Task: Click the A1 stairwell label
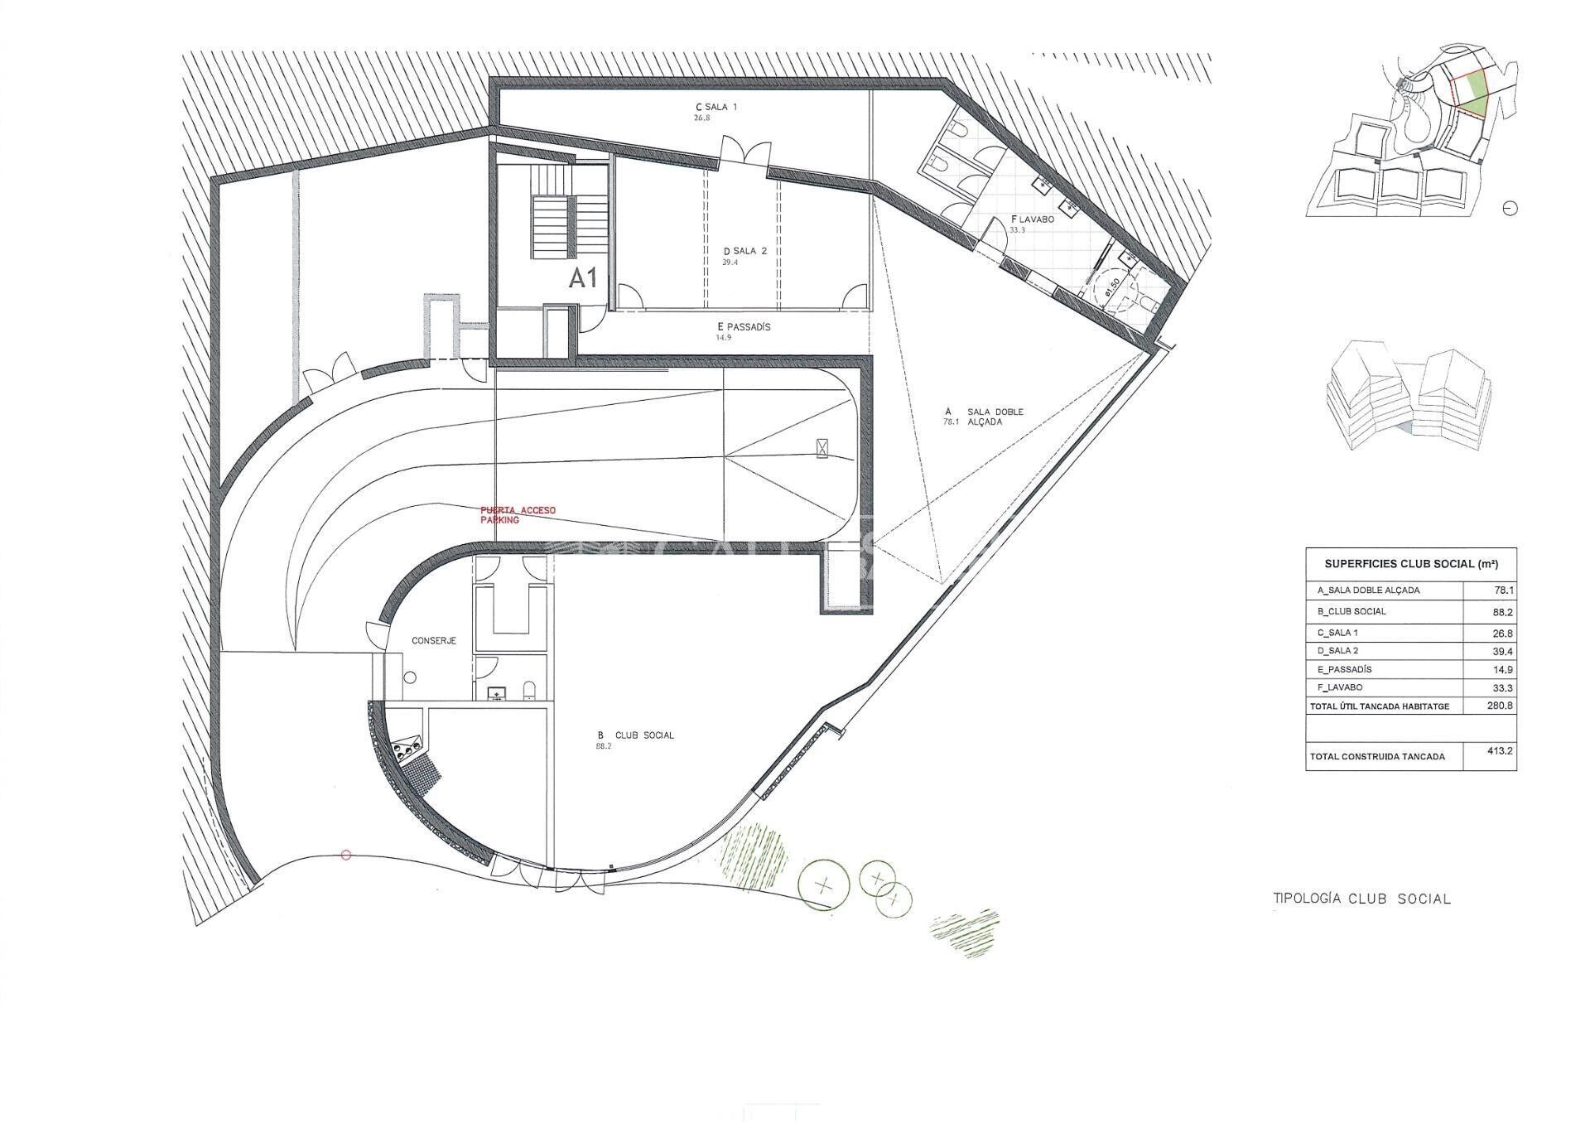click(x=583, y=278)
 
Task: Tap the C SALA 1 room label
click(x=716, y=107)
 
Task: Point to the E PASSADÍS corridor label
click(x=744, y=327)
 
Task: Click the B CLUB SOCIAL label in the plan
click(x=635, y=735)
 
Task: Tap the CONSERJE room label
click(x=434, y=640)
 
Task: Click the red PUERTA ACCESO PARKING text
click(x=518, y=514)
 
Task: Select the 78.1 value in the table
click(x=1501, y=590)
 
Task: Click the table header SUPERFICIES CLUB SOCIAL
click(x=1410, y=564)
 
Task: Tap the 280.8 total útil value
click(x=1500, y=706)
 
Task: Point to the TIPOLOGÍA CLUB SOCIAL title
click(x=1361, y=899)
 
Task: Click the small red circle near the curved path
click(x=346, y=856)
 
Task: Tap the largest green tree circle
click(x=823, y=885)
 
